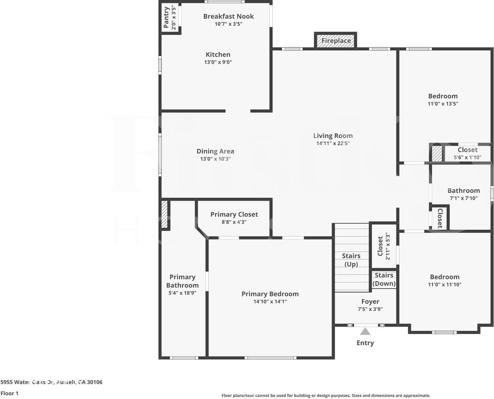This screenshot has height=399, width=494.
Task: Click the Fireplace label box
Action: click(336, 41)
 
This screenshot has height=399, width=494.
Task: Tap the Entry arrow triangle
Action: click(365, 331)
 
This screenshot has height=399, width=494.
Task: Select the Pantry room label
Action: click(166, 17)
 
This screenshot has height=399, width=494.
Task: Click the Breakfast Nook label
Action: click(228, 16)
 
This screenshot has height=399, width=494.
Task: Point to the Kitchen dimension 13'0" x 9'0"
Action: click(218, 62)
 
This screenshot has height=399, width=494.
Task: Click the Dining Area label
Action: click(215, 151)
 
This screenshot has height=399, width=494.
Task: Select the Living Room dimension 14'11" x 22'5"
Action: click(333, 143)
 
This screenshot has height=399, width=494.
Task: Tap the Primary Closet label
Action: click(234, 214)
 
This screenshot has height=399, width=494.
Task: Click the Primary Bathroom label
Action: click(182, 281)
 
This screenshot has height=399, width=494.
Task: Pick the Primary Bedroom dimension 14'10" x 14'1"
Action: click(270, 302)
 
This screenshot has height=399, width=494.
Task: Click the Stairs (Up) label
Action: click(351, 260)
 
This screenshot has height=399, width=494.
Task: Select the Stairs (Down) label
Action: click(384, 279)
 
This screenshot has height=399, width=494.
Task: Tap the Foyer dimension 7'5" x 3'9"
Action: click(370, 309)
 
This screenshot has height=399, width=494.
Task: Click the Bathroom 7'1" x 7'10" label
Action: click(464, 191)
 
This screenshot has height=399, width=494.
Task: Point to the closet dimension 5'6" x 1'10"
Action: click(467, 158)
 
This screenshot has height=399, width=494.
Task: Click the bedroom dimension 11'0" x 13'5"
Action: click(443, 104)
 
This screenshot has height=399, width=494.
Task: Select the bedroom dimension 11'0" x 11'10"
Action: click(445, 285)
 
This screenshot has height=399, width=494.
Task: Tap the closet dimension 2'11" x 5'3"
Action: click(388, 246)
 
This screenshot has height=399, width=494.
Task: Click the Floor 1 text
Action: click(10, 393)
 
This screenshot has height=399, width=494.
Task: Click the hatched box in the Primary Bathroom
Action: click(164, 214)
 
